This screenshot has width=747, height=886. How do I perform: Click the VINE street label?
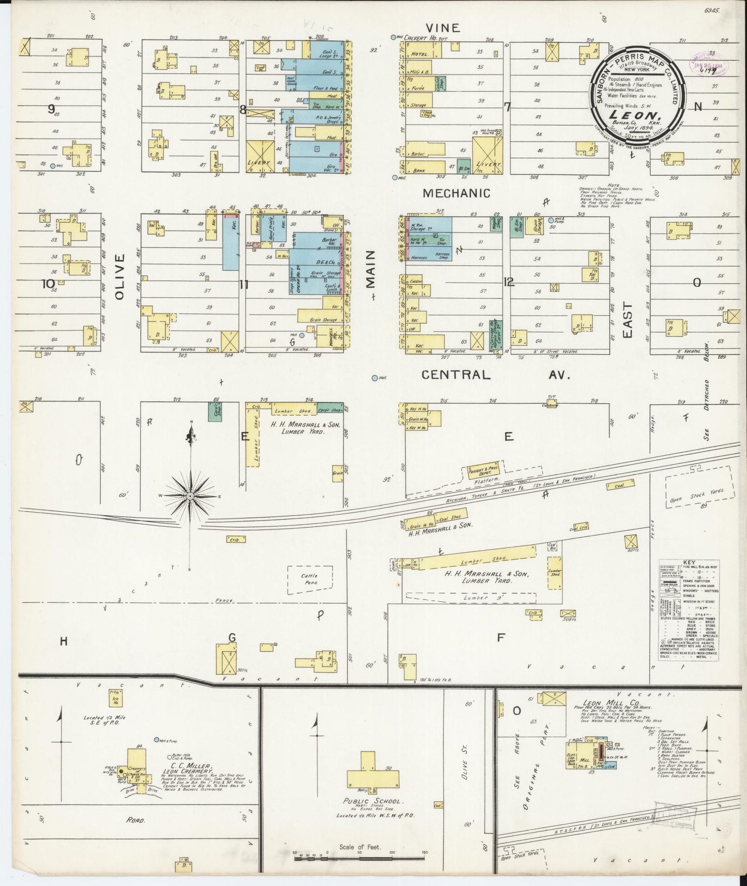click(x=442, y=27)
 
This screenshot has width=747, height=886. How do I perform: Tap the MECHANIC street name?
click(x=456, y=193)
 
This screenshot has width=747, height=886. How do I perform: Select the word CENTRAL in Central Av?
click(x=455, y=375)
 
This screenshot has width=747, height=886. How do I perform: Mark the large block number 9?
click(x=51, y=109)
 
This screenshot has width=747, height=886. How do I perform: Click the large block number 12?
click(x=509, y=282)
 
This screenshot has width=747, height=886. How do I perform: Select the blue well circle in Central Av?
click(x=374, y=378)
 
